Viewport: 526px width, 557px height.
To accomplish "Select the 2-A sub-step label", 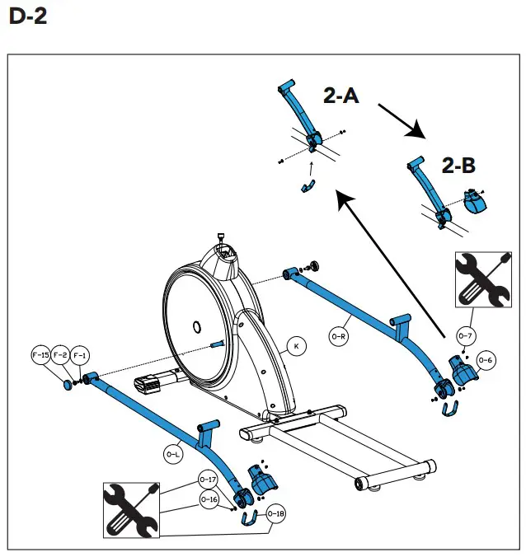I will coord(340,96).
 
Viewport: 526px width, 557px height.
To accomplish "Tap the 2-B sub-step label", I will coord(458,165).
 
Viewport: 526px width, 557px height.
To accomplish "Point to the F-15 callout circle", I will coord(40,355).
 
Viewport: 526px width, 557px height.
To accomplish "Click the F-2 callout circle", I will coord(59,355).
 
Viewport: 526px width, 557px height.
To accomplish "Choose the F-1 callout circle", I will coord(79,355).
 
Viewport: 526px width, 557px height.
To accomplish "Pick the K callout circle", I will coord(296,346).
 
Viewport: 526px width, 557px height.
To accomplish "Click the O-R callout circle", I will coord(339,336).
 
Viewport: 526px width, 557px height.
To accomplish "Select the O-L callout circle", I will coord(173,453).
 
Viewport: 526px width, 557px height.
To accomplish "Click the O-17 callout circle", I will coord(207,480).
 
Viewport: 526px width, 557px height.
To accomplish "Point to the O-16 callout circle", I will coord(207,498).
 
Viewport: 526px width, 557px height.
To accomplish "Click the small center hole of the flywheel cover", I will coord(196,326).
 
